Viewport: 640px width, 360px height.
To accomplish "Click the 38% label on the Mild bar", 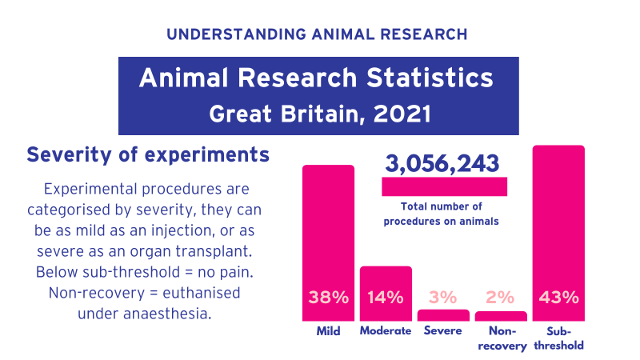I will click(x=328, y=298).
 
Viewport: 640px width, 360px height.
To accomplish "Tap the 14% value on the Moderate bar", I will click(x=386, y=298).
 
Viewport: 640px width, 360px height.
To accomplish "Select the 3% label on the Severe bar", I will click(x=443, y=298).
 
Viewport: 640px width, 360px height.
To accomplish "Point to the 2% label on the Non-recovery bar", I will click(x=500, y=298).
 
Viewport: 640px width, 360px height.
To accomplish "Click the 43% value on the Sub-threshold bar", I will click(x=558, y=298).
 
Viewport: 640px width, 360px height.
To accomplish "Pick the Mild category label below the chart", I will click(x=328, y=331).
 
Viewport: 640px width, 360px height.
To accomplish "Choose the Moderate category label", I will click(x=386, y=331).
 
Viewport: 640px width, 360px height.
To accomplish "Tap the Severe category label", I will click(x=443, y=331).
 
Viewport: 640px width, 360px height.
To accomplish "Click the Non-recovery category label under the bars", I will click(x=501, y=338).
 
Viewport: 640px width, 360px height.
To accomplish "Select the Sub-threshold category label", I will click(x=558, y=338).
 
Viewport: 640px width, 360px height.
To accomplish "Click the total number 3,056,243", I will click(x=442, y=164).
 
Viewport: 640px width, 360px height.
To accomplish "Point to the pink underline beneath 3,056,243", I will click(x=444, y=186).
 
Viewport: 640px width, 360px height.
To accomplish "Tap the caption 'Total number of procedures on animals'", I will click(x=442, y=214).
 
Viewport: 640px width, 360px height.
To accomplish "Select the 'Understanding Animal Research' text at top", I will click(x=318, y=34).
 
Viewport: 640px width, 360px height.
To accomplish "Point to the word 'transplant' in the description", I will click(x=221, y=251).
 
